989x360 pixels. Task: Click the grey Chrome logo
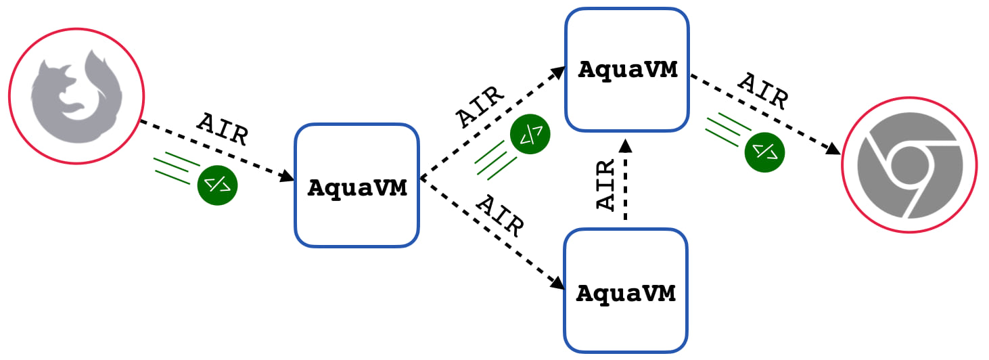910,165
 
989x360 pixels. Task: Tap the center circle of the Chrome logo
909,164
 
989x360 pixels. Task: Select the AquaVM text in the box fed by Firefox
357,187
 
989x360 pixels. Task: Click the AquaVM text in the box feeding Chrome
627,70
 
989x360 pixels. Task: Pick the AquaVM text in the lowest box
626,293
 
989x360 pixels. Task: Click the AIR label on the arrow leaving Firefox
223,129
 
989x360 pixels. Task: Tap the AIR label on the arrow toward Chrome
763,91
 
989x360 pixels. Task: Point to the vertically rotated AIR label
605,184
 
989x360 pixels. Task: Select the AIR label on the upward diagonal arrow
480,106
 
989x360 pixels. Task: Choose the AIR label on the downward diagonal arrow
500,216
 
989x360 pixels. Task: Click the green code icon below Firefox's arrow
217,185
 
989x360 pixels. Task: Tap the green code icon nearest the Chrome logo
764,152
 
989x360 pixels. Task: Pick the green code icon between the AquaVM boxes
530,134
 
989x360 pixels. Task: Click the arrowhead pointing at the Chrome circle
833,149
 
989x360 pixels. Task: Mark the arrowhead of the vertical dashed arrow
625,145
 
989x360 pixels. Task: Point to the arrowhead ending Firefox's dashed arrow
287,176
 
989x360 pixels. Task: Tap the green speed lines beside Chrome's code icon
728,129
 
